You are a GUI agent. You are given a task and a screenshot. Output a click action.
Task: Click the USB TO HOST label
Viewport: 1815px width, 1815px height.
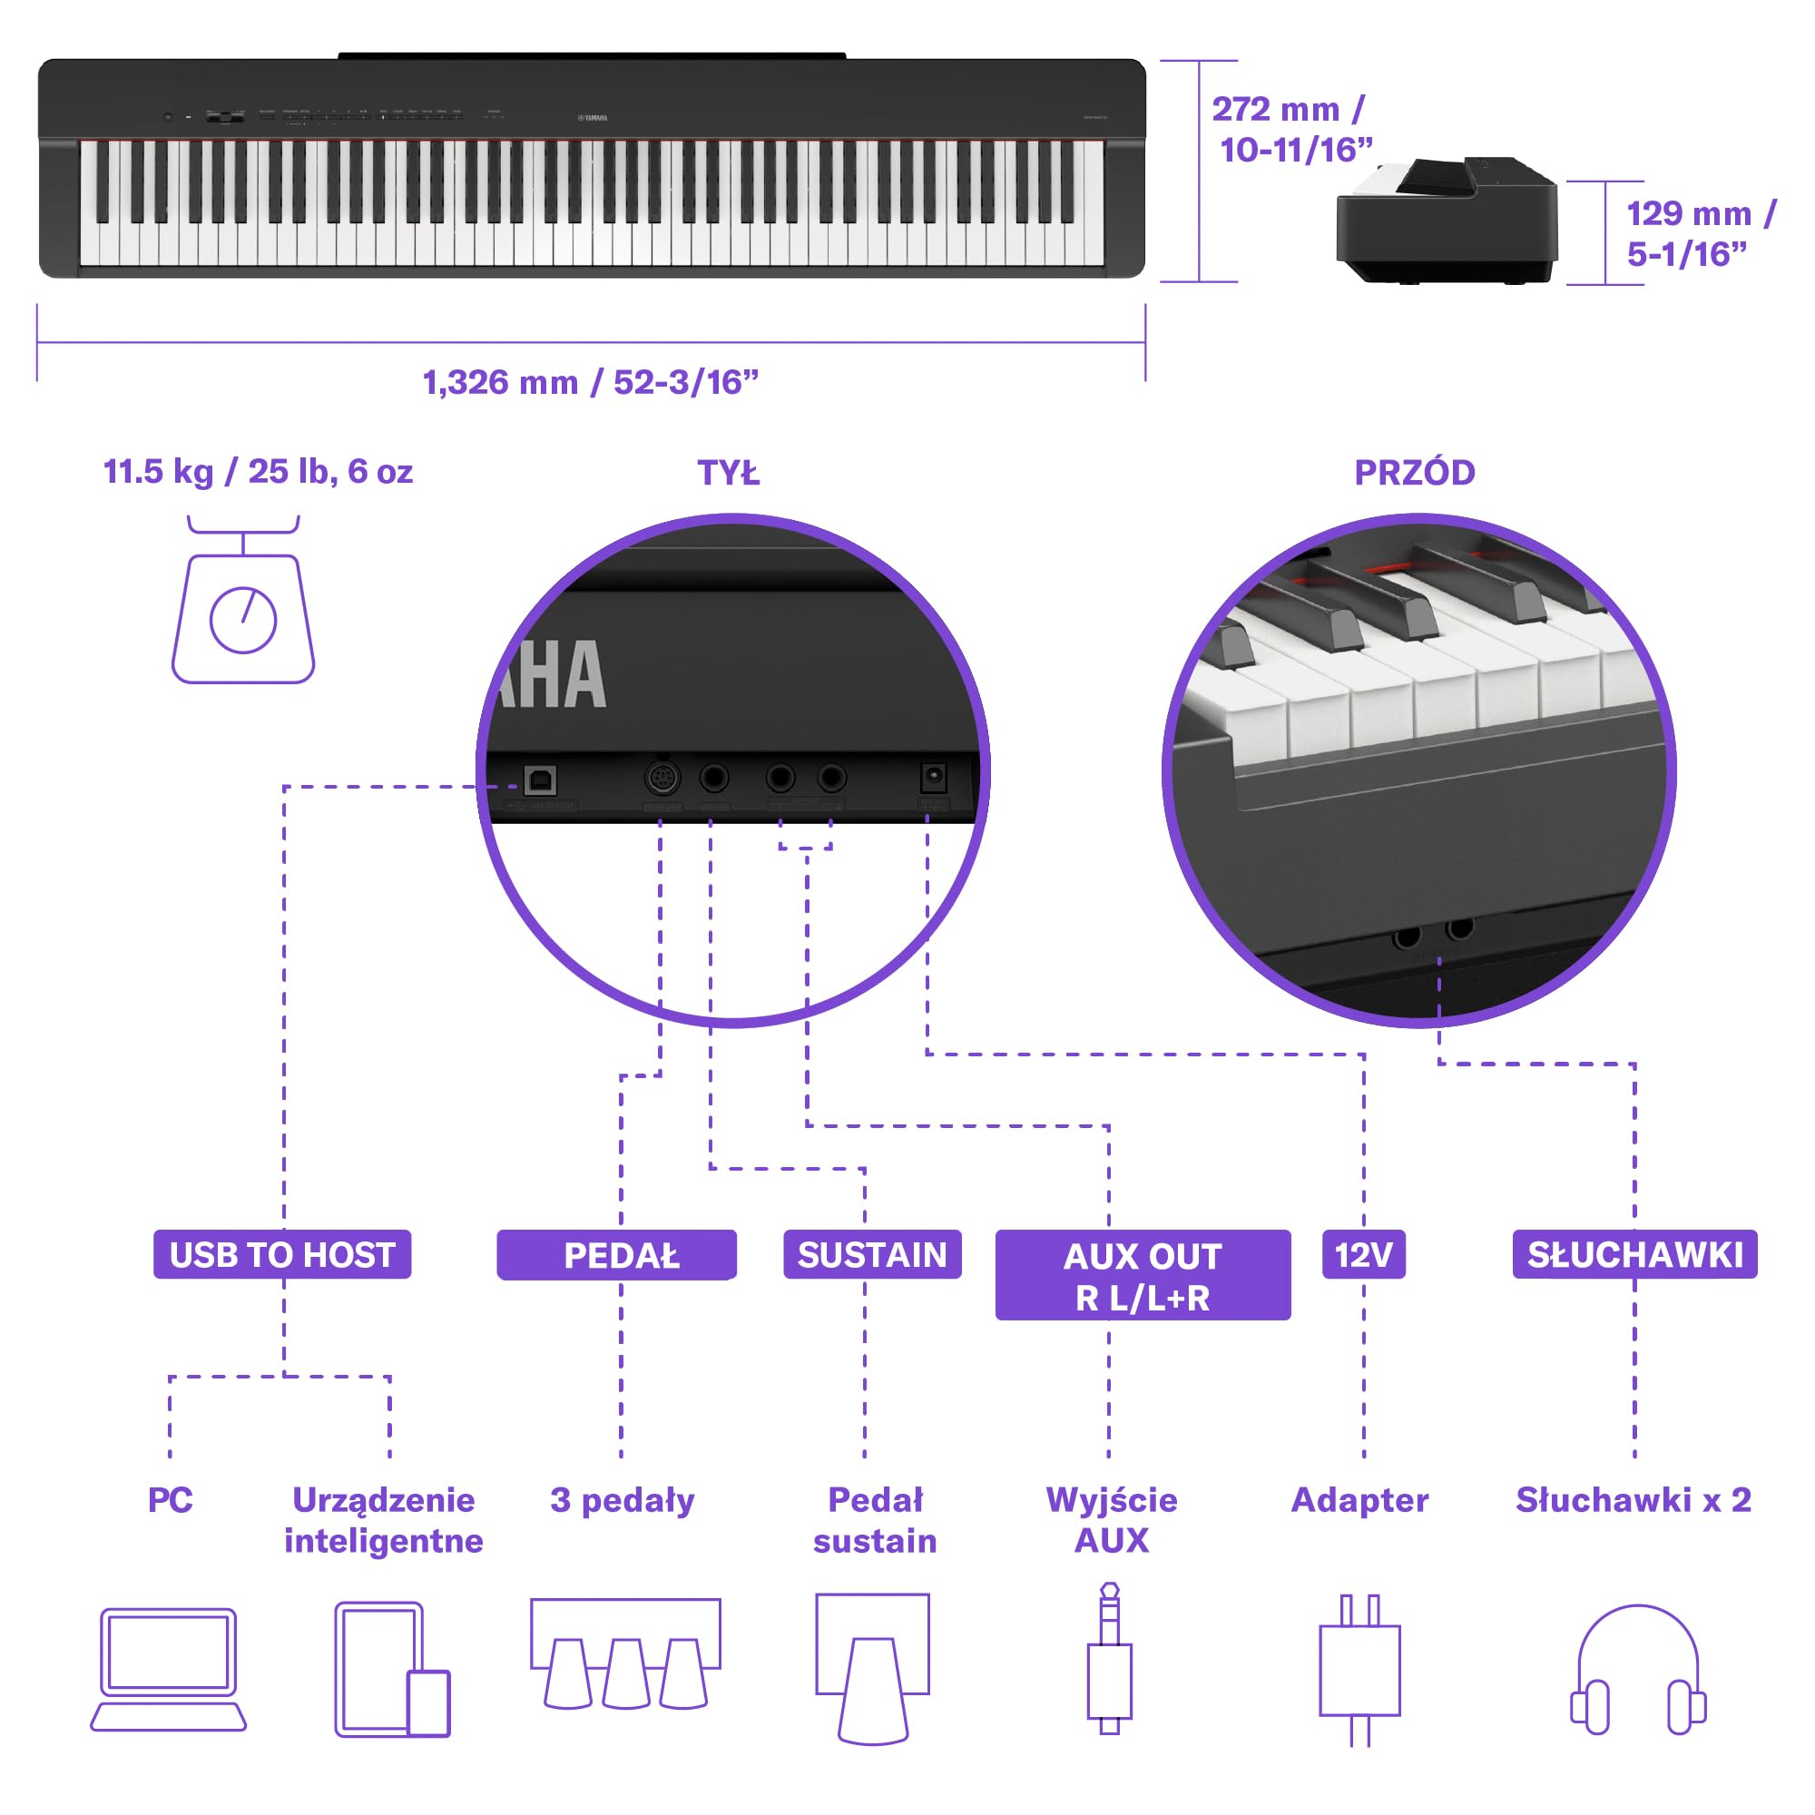(282, 1254)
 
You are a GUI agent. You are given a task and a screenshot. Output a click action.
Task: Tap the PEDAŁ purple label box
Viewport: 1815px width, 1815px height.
(616, 1255)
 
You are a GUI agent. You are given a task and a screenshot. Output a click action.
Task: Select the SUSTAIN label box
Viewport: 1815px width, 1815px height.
(872, 1254)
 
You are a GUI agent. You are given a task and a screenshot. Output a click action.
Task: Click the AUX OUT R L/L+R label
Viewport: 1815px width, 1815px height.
(1143, 1275)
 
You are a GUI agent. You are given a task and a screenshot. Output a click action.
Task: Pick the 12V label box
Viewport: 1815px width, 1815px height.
(1363, 1254)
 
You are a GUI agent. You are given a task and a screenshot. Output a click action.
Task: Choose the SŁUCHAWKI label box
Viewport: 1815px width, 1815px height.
(1633, 1254)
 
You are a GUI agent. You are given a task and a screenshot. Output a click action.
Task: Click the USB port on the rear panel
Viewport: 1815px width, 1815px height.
(539, 780)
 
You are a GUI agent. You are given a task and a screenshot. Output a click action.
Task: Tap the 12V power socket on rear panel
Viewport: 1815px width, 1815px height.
(932, 777)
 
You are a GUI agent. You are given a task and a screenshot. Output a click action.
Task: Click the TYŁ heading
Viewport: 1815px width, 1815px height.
(728, 473)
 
